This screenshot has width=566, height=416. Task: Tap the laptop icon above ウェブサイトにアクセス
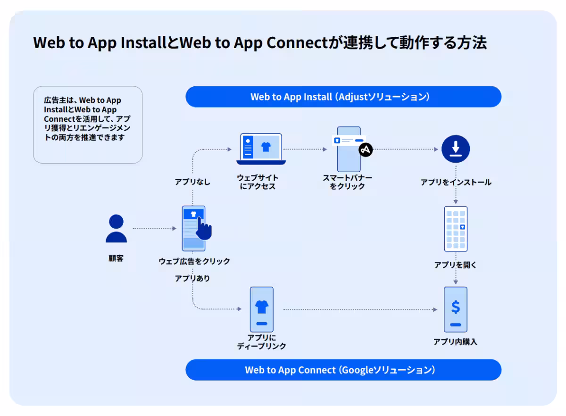pos(261,149)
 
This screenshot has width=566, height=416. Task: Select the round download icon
pos(456,150)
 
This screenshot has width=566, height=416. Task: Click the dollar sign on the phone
pos(455,307)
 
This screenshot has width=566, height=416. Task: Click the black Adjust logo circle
pos(366,150)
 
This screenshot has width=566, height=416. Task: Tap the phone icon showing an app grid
pos(456,229)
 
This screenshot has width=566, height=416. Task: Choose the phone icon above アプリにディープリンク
pos(261,309)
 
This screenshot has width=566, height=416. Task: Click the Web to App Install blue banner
pos(343,97)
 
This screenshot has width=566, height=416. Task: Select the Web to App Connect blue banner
pos(343,370)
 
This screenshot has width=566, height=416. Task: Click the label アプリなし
pos(192,182)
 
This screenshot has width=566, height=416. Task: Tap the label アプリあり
pos(192,278)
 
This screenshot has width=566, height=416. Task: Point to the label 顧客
pos(116,258)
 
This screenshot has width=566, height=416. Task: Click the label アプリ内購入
pos(455,342)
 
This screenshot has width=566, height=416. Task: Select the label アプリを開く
pos(456,265)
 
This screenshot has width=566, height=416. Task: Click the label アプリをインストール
pos(456,182)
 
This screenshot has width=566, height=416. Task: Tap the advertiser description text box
pos(88,125)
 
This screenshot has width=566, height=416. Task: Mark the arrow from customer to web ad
pos(154,229)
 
